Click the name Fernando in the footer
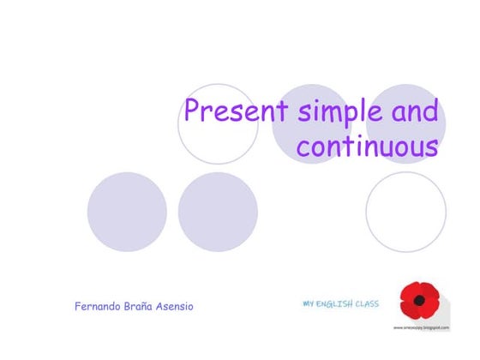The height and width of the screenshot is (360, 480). pyautogui.click(x=101, y=306)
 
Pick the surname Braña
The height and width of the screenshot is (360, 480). pyautogui.click(x=146, y=306)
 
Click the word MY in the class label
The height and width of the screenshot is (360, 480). pyautogui.click(x=309, y=303)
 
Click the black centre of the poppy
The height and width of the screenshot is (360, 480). pyautogui.click(x=419, y=302)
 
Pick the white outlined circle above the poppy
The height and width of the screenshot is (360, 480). pyautogui.click(x=405, y=212)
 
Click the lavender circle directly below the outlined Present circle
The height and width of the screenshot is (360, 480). pyautogui.click(x=218, y=212)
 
